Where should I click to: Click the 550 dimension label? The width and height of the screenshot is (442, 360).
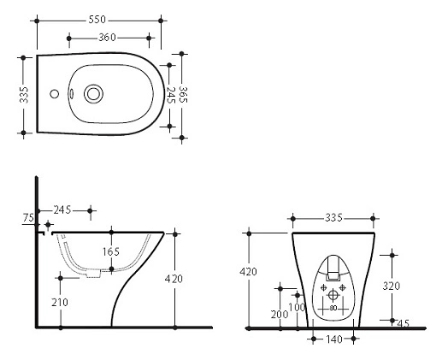97,20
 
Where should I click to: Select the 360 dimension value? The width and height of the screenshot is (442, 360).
107,38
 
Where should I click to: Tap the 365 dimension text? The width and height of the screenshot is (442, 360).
183,94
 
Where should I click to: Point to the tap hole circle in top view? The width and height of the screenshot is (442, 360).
54,93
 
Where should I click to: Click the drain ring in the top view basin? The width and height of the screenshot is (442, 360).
93,94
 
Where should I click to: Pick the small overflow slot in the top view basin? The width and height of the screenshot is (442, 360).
71,93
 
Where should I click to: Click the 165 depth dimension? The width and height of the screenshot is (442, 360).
111,251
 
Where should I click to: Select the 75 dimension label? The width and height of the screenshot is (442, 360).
28,218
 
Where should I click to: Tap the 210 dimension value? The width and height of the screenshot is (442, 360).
60,303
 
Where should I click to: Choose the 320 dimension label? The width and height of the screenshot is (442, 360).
392,286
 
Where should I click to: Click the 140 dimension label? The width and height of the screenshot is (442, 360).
333,339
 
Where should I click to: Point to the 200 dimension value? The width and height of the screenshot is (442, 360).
280,315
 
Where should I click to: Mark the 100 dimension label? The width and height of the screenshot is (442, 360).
297,308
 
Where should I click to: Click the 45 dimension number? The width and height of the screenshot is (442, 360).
403,323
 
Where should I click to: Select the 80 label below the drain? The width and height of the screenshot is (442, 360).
333,308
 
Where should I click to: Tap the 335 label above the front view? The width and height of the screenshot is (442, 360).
333,218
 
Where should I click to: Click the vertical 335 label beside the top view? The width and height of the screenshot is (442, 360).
24,95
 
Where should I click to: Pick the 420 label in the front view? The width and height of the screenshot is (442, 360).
248,272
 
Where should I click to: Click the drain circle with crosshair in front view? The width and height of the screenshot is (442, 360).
333,294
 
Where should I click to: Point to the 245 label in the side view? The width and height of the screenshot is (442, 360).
62,210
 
